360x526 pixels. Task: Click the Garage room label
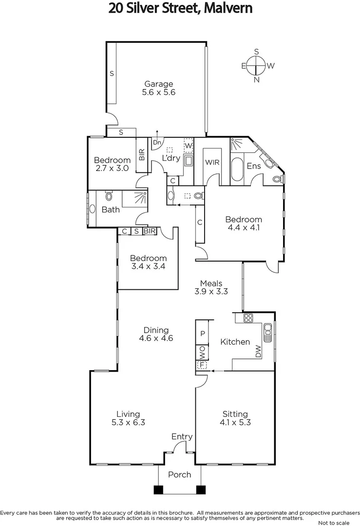[x=158, y=84]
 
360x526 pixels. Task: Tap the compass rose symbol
[x=256, y=65]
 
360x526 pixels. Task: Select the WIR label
[x=211, y=162]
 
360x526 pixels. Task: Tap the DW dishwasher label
[x=258, y=352]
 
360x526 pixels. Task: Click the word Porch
[x=179, y=474]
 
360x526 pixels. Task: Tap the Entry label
[x=182, y=437]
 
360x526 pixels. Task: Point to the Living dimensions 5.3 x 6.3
[x=128, y=422]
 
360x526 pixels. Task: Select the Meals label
[x=211, y=283]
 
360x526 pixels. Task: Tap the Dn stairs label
[x=157, y=143]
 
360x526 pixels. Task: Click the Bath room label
[x=111, y=210]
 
